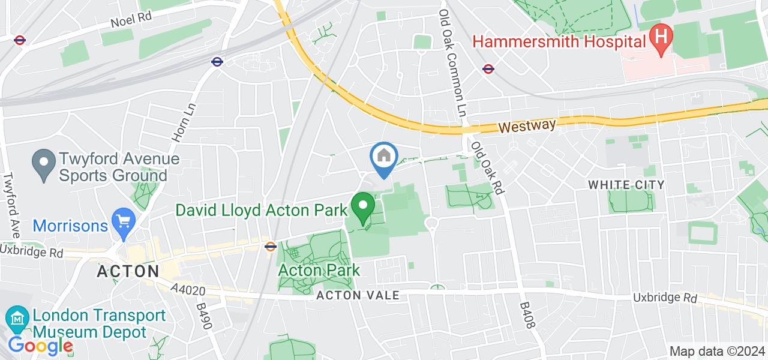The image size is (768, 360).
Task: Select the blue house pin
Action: point(383,157)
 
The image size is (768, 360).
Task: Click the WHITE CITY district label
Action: point(626,184)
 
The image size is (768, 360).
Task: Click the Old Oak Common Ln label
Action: point(453,63)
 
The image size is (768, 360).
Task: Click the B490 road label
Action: point(205,316)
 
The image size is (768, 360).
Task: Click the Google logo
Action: point(41,346)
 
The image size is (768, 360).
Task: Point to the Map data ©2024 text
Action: point(717,352)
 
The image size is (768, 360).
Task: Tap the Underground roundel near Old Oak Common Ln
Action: point(488,69)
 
